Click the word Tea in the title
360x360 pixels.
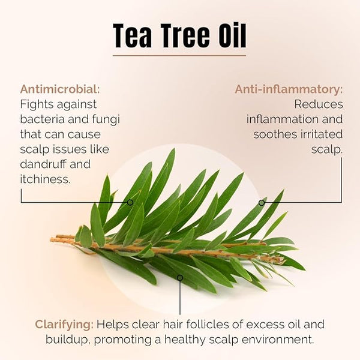[132, 36]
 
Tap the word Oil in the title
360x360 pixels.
[232, 35]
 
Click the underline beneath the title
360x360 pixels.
[179, 56]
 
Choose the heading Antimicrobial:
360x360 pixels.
[60, 89]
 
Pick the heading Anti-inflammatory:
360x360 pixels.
[289, 89]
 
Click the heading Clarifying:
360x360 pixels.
[64, 325]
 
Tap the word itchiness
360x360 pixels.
[45, 179]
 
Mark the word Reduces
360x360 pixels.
[319, 104]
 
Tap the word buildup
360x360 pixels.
[67, 340]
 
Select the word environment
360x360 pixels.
[278, 340]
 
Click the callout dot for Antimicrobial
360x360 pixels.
[130, 203]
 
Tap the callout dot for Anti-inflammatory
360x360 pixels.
[262, 203]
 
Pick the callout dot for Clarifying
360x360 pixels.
[180, 278]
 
